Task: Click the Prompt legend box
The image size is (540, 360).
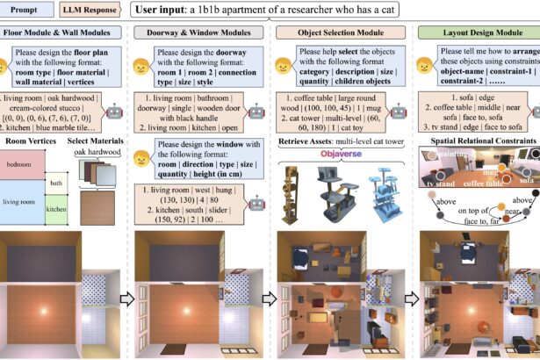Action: point(25,11)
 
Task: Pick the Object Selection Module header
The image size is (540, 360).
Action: point(337,32)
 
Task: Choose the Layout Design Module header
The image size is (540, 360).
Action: point(474,32)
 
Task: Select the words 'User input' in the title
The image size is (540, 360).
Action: point(167,11)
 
